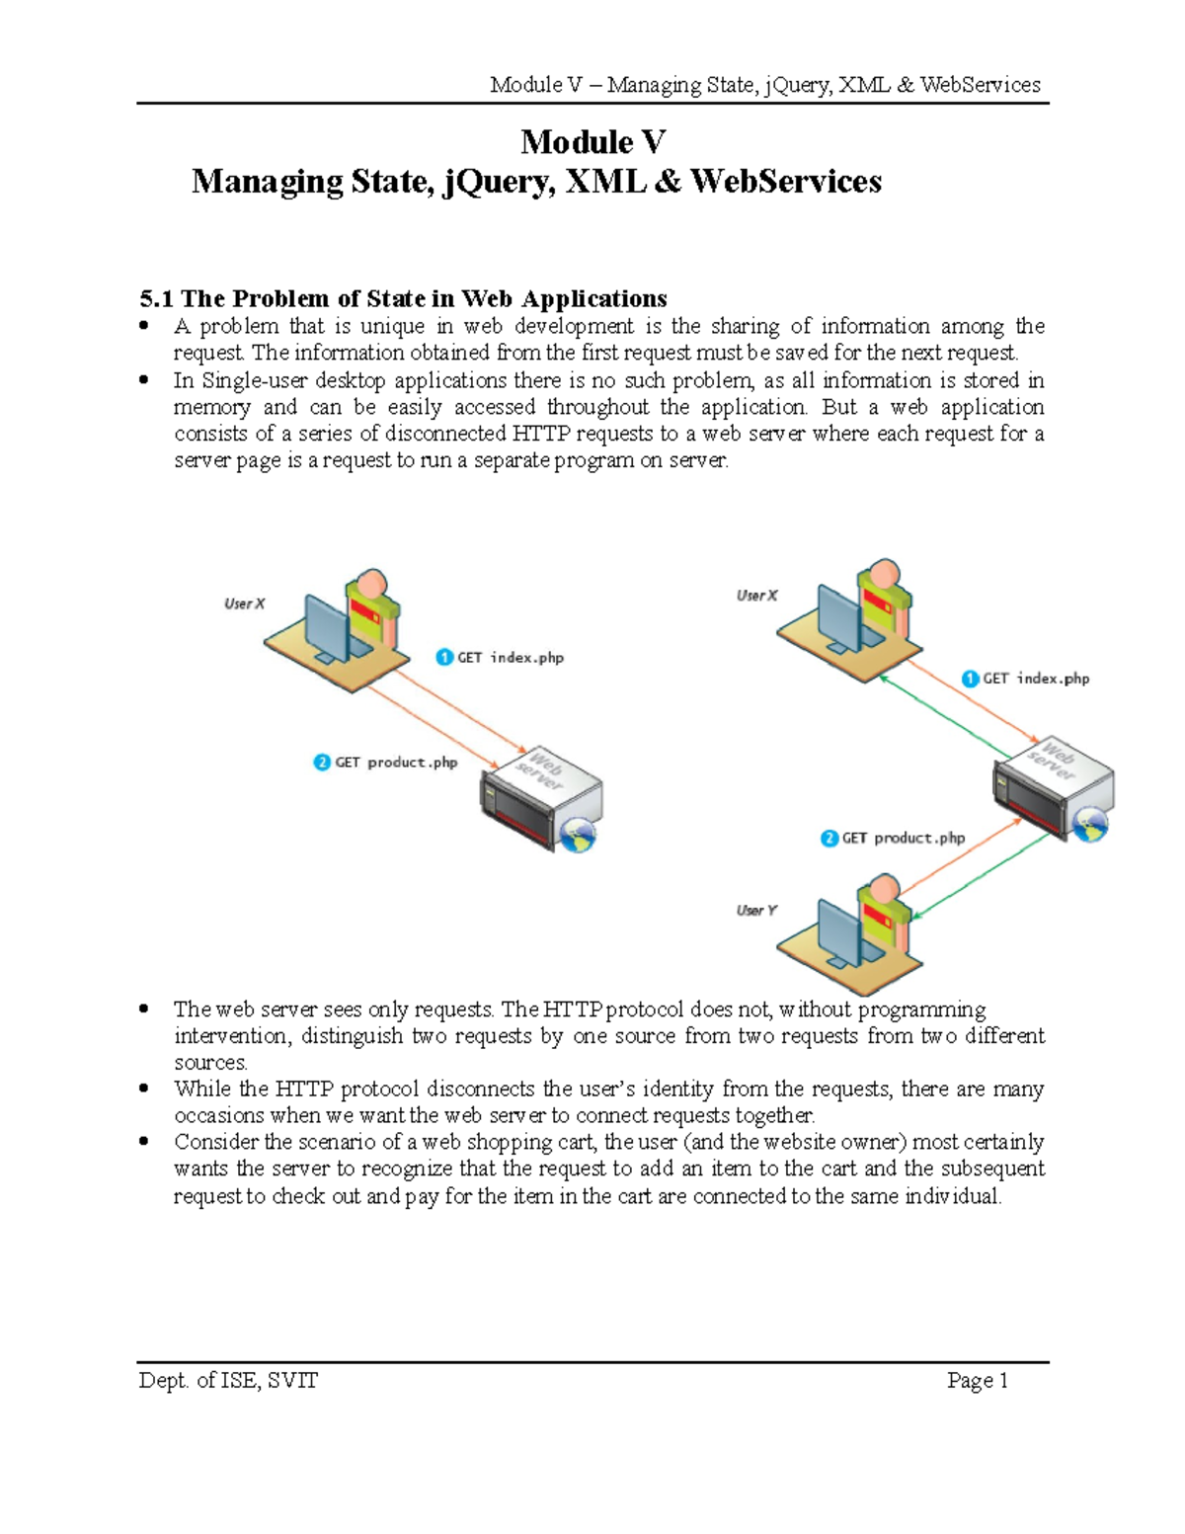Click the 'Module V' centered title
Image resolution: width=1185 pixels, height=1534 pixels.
coord(592,142)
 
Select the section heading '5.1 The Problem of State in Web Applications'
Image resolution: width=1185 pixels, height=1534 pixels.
coord(403,298)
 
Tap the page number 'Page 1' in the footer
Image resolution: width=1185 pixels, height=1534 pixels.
coord(977,1380)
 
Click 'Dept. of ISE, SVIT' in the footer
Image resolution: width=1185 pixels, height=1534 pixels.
coord(228,1380)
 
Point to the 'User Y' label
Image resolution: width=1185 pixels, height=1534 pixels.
coord(756,910)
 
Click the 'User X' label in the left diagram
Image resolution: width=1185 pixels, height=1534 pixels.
coord(244,604)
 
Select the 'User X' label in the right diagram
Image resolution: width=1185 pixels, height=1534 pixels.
coord(756,596)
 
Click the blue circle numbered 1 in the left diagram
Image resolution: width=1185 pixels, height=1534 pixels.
coord(444,658)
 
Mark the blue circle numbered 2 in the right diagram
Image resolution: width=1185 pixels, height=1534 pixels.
coord(829,839)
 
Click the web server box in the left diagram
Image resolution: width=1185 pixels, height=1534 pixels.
coord(540,796)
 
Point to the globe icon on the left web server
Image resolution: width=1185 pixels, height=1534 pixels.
coord(578,836)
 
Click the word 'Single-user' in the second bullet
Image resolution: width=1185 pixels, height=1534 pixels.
coord(256,380)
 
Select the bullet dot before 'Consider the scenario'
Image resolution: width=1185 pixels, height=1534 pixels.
coord(144,1142)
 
